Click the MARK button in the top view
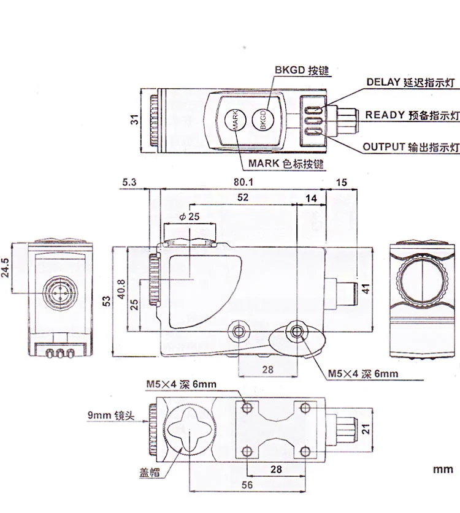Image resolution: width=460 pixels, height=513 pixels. click(236, 120)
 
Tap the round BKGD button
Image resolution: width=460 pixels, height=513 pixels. click(263, 120)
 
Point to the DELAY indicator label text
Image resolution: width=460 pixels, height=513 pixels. click(410, 82)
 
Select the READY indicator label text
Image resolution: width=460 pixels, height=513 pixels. click(412, 115)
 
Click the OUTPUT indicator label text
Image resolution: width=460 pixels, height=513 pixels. click(411, 147)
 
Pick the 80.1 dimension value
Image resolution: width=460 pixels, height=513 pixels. click(243, 182)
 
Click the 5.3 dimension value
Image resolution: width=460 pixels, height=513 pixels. click(129, 182)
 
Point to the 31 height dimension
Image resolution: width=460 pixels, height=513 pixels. click(135, 120)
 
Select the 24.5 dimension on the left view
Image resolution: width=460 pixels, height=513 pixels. click(6, 267)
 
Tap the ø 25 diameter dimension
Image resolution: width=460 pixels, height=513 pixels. click(190, 216)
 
